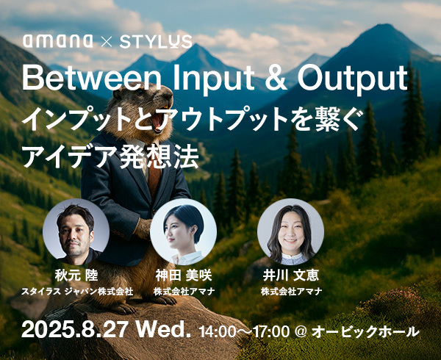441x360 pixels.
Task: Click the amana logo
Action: pos(58,41)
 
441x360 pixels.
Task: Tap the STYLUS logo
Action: pos(156,41)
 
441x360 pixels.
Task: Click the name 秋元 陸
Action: pos(76,276)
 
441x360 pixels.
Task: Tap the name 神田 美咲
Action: pos(183,276)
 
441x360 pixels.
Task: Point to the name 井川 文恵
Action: pos(291,276)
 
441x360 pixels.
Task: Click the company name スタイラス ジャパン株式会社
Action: pos(77,292)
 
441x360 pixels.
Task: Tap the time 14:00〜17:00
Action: pos(244,331)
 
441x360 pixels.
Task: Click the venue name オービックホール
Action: pos(365,331)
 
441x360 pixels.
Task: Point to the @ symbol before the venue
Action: pos(300,332)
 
